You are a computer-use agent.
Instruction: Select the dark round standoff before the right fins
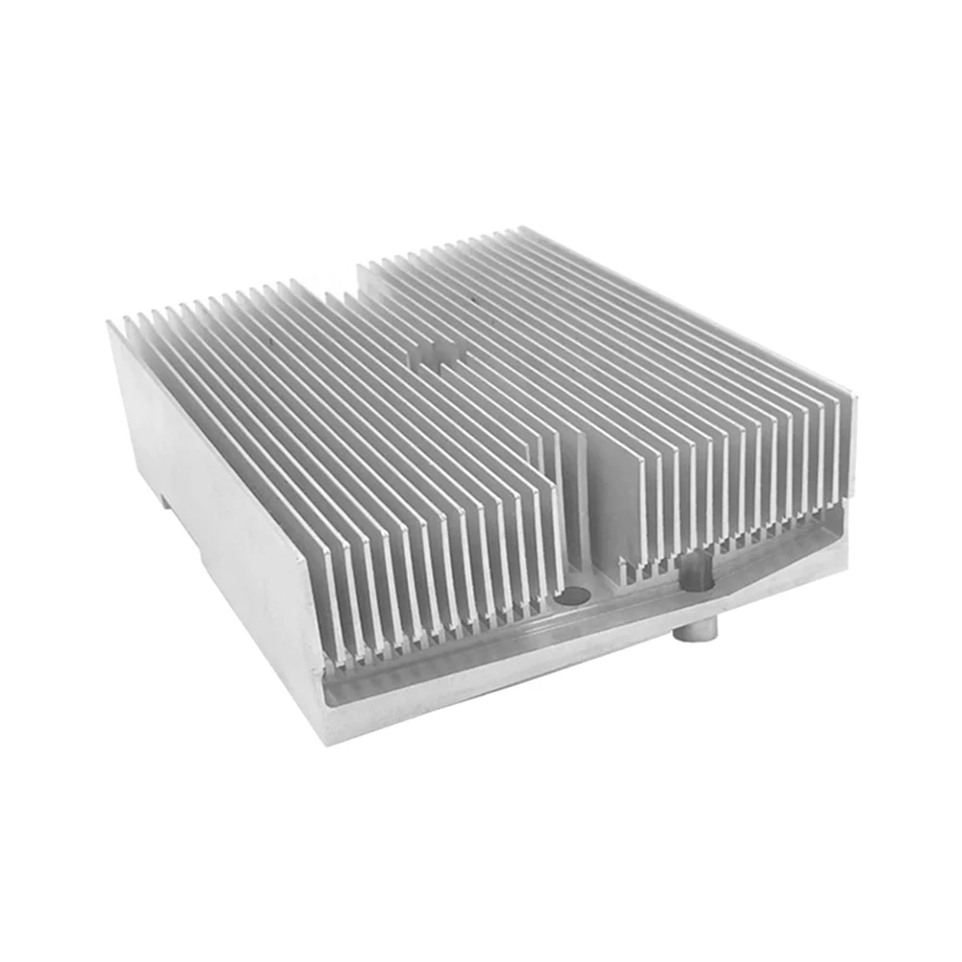[695, 575]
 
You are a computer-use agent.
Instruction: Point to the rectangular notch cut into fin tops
[438, 354]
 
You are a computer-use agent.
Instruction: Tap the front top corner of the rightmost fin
[850, 399]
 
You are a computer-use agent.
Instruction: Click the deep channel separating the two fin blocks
[581, 500]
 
